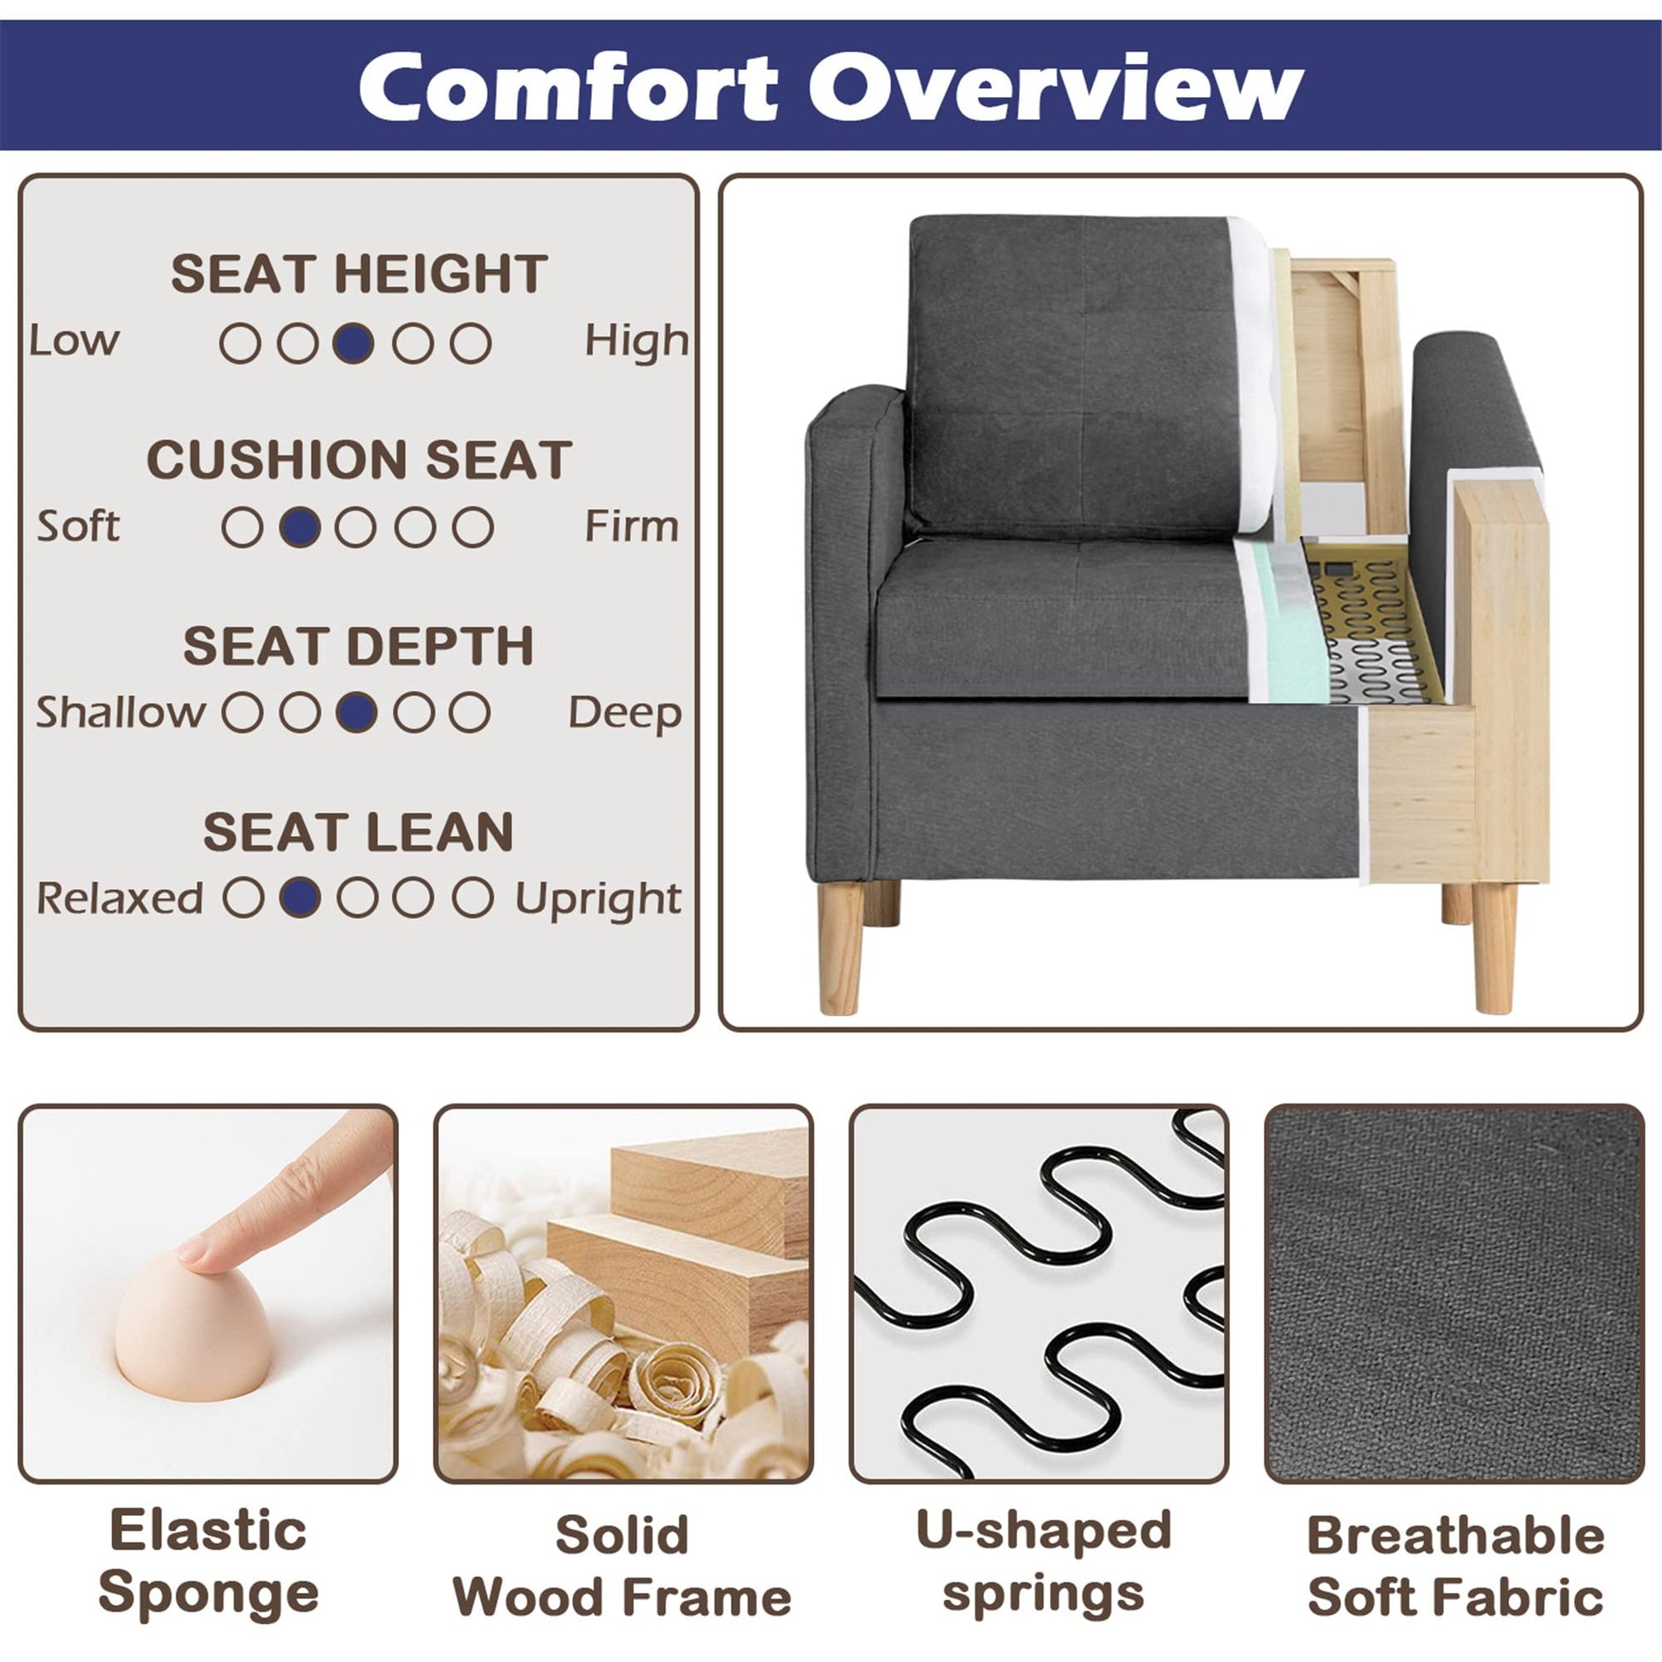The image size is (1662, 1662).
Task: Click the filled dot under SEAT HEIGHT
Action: point(354,343)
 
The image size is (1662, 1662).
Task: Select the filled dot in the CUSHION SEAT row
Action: point(301,527)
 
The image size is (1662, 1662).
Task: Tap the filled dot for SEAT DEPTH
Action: point(356,713)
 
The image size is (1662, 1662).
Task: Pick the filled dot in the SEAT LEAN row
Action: point(301,898)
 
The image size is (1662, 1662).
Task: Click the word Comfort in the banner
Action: point(569,88)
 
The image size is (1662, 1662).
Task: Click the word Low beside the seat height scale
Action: point(74,341)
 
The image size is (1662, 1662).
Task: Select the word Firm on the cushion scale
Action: point(631,526)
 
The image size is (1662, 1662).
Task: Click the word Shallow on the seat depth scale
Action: point(120,712)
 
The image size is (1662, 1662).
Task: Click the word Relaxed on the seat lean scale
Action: point(120,898)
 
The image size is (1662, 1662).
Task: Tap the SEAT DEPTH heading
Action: point(359,645)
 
